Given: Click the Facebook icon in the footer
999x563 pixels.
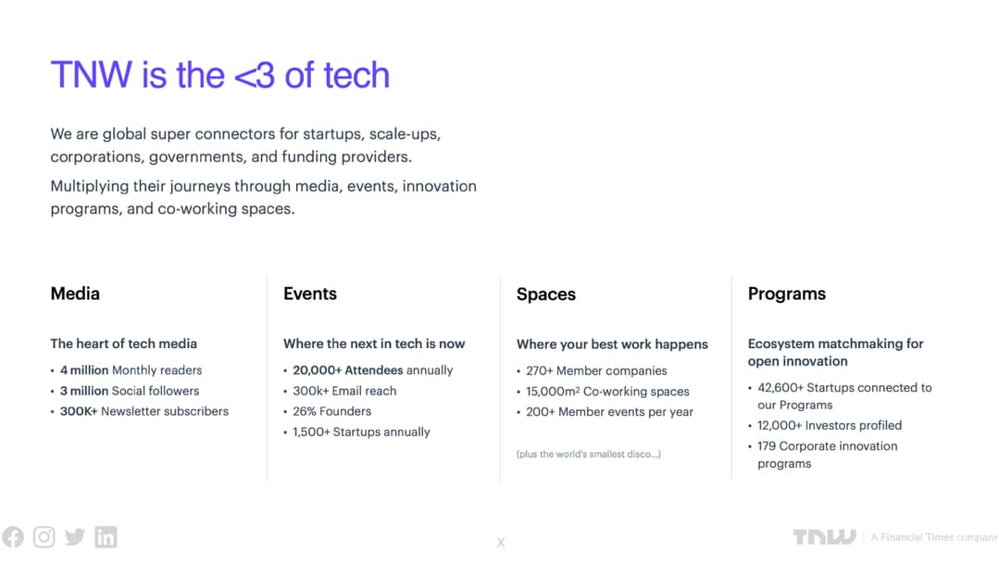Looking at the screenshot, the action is (13, 537).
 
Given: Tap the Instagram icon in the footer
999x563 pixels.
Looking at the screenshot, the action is (44, 537).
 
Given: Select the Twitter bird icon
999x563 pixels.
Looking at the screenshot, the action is (75, 537).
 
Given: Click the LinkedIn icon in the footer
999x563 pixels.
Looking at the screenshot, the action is (106, 537).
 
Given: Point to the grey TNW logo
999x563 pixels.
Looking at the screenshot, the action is (824, 537).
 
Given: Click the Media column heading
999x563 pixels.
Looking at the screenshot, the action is (75, 294).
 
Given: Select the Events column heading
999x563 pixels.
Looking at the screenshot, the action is (309, 294).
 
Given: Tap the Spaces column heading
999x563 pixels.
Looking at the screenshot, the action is (546, 294).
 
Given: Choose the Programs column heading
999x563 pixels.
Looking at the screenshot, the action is (787, 294).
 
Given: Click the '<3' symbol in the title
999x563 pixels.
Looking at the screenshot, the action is (255, 75).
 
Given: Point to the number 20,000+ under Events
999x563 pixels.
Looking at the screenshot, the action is (318, 370).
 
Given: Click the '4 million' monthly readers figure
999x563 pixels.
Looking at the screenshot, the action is (84, 370).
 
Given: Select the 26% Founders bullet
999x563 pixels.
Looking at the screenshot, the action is (332, 411).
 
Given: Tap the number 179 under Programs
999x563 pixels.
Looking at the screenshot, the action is (767, 445).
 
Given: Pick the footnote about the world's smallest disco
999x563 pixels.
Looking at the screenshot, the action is (589, 454).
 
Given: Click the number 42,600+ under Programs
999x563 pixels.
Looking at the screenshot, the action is (780, 387).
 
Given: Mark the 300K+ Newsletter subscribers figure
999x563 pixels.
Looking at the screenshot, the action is (79, 411).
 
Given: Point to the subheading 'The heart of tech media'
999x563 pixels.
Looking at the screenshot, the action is (123, 344).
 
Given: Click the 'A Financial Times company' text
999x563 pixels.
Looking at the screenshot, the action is (934, 537).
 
